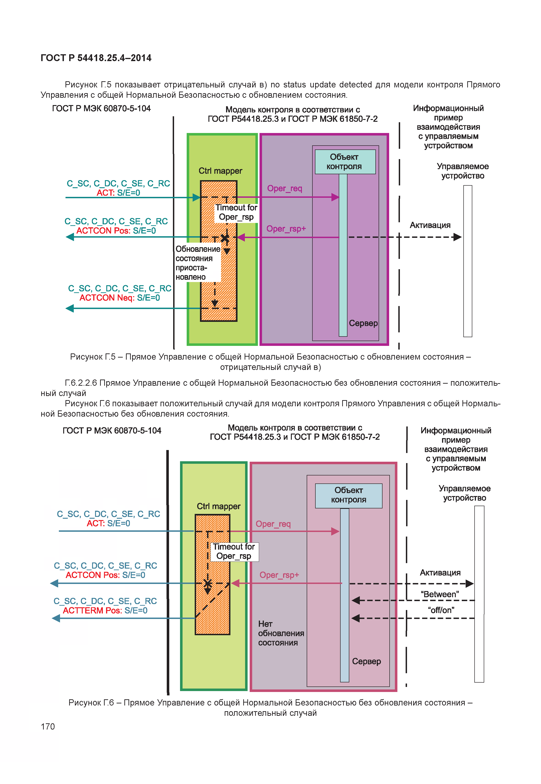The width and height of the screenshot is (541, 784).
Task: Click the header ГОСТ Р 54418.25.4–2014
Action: coord(96,58)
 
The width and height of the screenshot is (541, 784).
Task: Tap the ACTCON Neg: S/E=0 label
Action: coord(119,298)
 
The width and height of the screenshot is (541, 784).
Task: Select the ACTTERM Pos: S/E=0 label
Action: coord(105,610)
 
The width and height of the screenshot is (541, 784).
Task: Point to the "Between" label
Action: coord(440,594)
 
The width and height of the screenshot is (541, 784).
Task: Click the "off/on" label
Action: coord(441,610)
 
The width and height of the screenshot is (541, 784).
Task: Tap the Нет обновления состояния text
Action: coord(281,633)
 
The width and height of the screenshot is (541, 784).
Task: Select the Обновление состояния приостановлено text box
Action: coord(198,263)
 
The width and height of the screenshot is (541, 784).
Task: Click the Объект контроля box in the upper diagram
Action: coord(345,162)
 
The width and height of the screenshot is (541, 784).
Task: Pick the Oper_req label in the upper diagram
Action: coord(284,188)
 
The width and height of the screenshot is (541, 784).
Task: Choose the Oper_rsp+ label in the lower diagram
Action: coord(279,575)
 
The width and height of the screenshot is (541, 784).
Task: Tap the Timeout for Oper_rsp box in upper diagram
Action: coord(236,212)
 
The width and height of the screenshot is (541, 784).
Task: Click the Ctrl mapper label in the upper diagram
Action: coord(220,171)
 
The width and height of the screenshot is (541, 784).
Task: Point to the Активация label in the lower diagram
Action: coord(440,572)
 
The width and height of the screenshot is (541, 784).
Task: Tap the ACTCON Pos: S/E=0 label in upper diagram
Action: coord(116,231)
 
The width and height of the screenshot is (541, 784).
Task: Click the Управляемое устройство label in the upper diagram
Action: coord(462,171)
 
